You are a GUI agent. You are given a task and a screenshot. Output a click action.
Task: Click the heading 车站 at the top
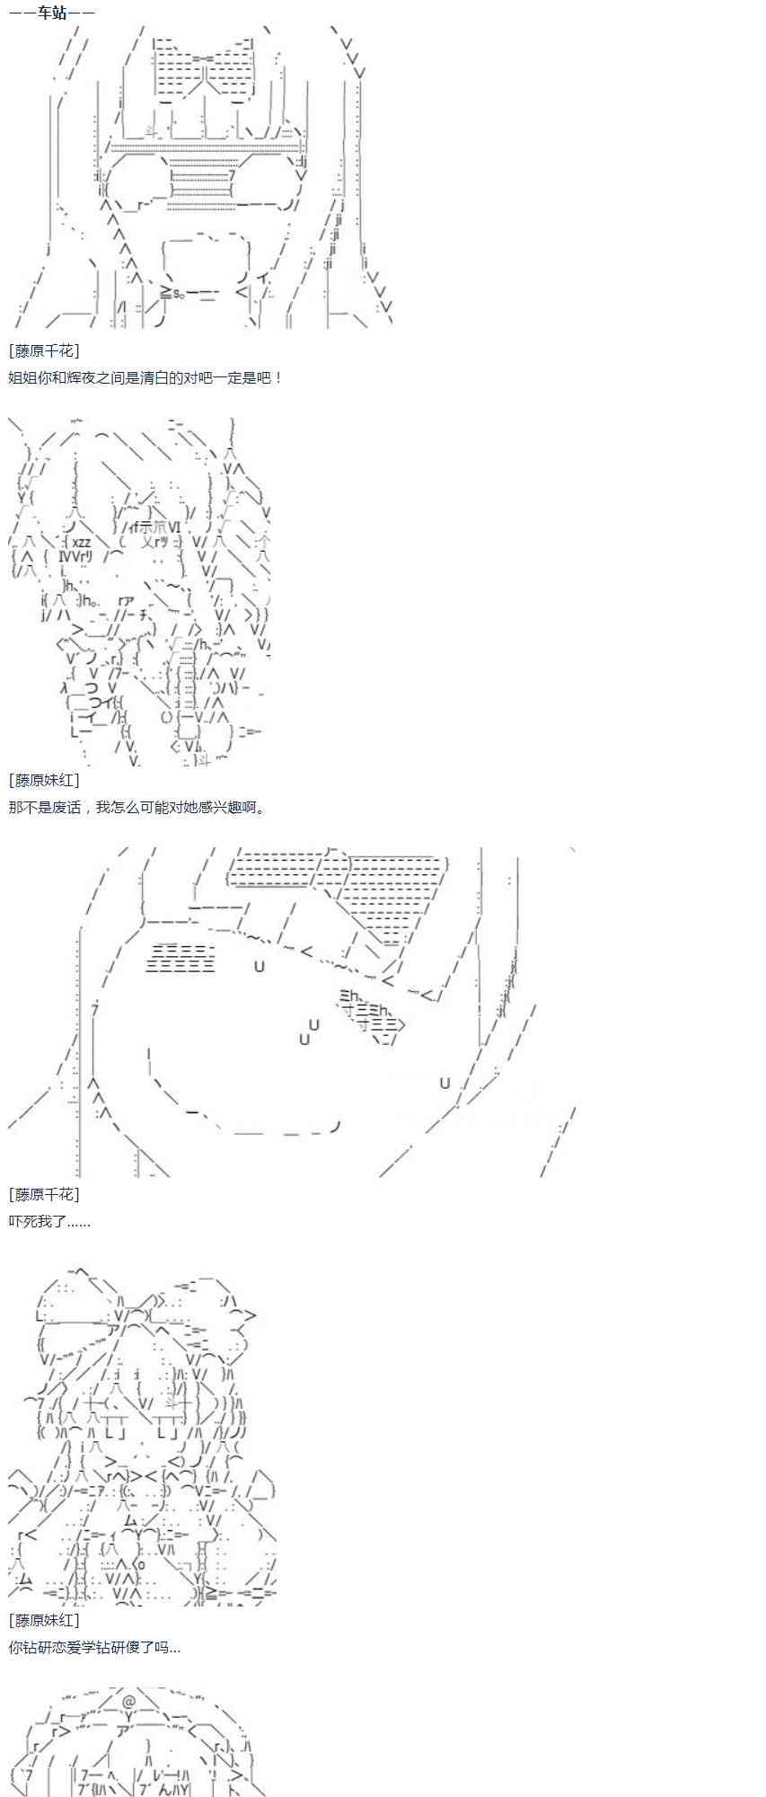(51, 13)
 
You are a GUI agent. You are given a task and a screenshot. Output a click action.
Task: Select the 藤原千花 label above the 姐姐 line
(43, 350)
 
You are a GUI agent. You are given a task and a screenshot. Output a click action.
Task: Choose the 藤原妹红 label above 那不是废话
(43, 780)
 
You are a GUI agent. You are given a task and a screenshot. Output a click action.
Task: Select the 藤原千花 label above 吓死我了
(43, 1194)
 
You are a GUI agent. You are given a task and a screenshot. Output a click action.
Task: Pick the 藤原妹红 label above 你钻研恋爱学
(43, 1619)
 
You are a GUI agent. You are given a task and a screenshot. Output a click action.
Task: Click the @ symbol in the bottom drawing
(129, 1701)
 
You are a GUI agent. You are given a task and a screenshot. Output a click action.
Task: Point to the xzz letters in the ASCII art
(81, 542)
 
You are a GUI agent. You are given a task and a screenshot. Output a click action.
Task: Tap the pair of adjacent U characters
(309, 1031)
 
